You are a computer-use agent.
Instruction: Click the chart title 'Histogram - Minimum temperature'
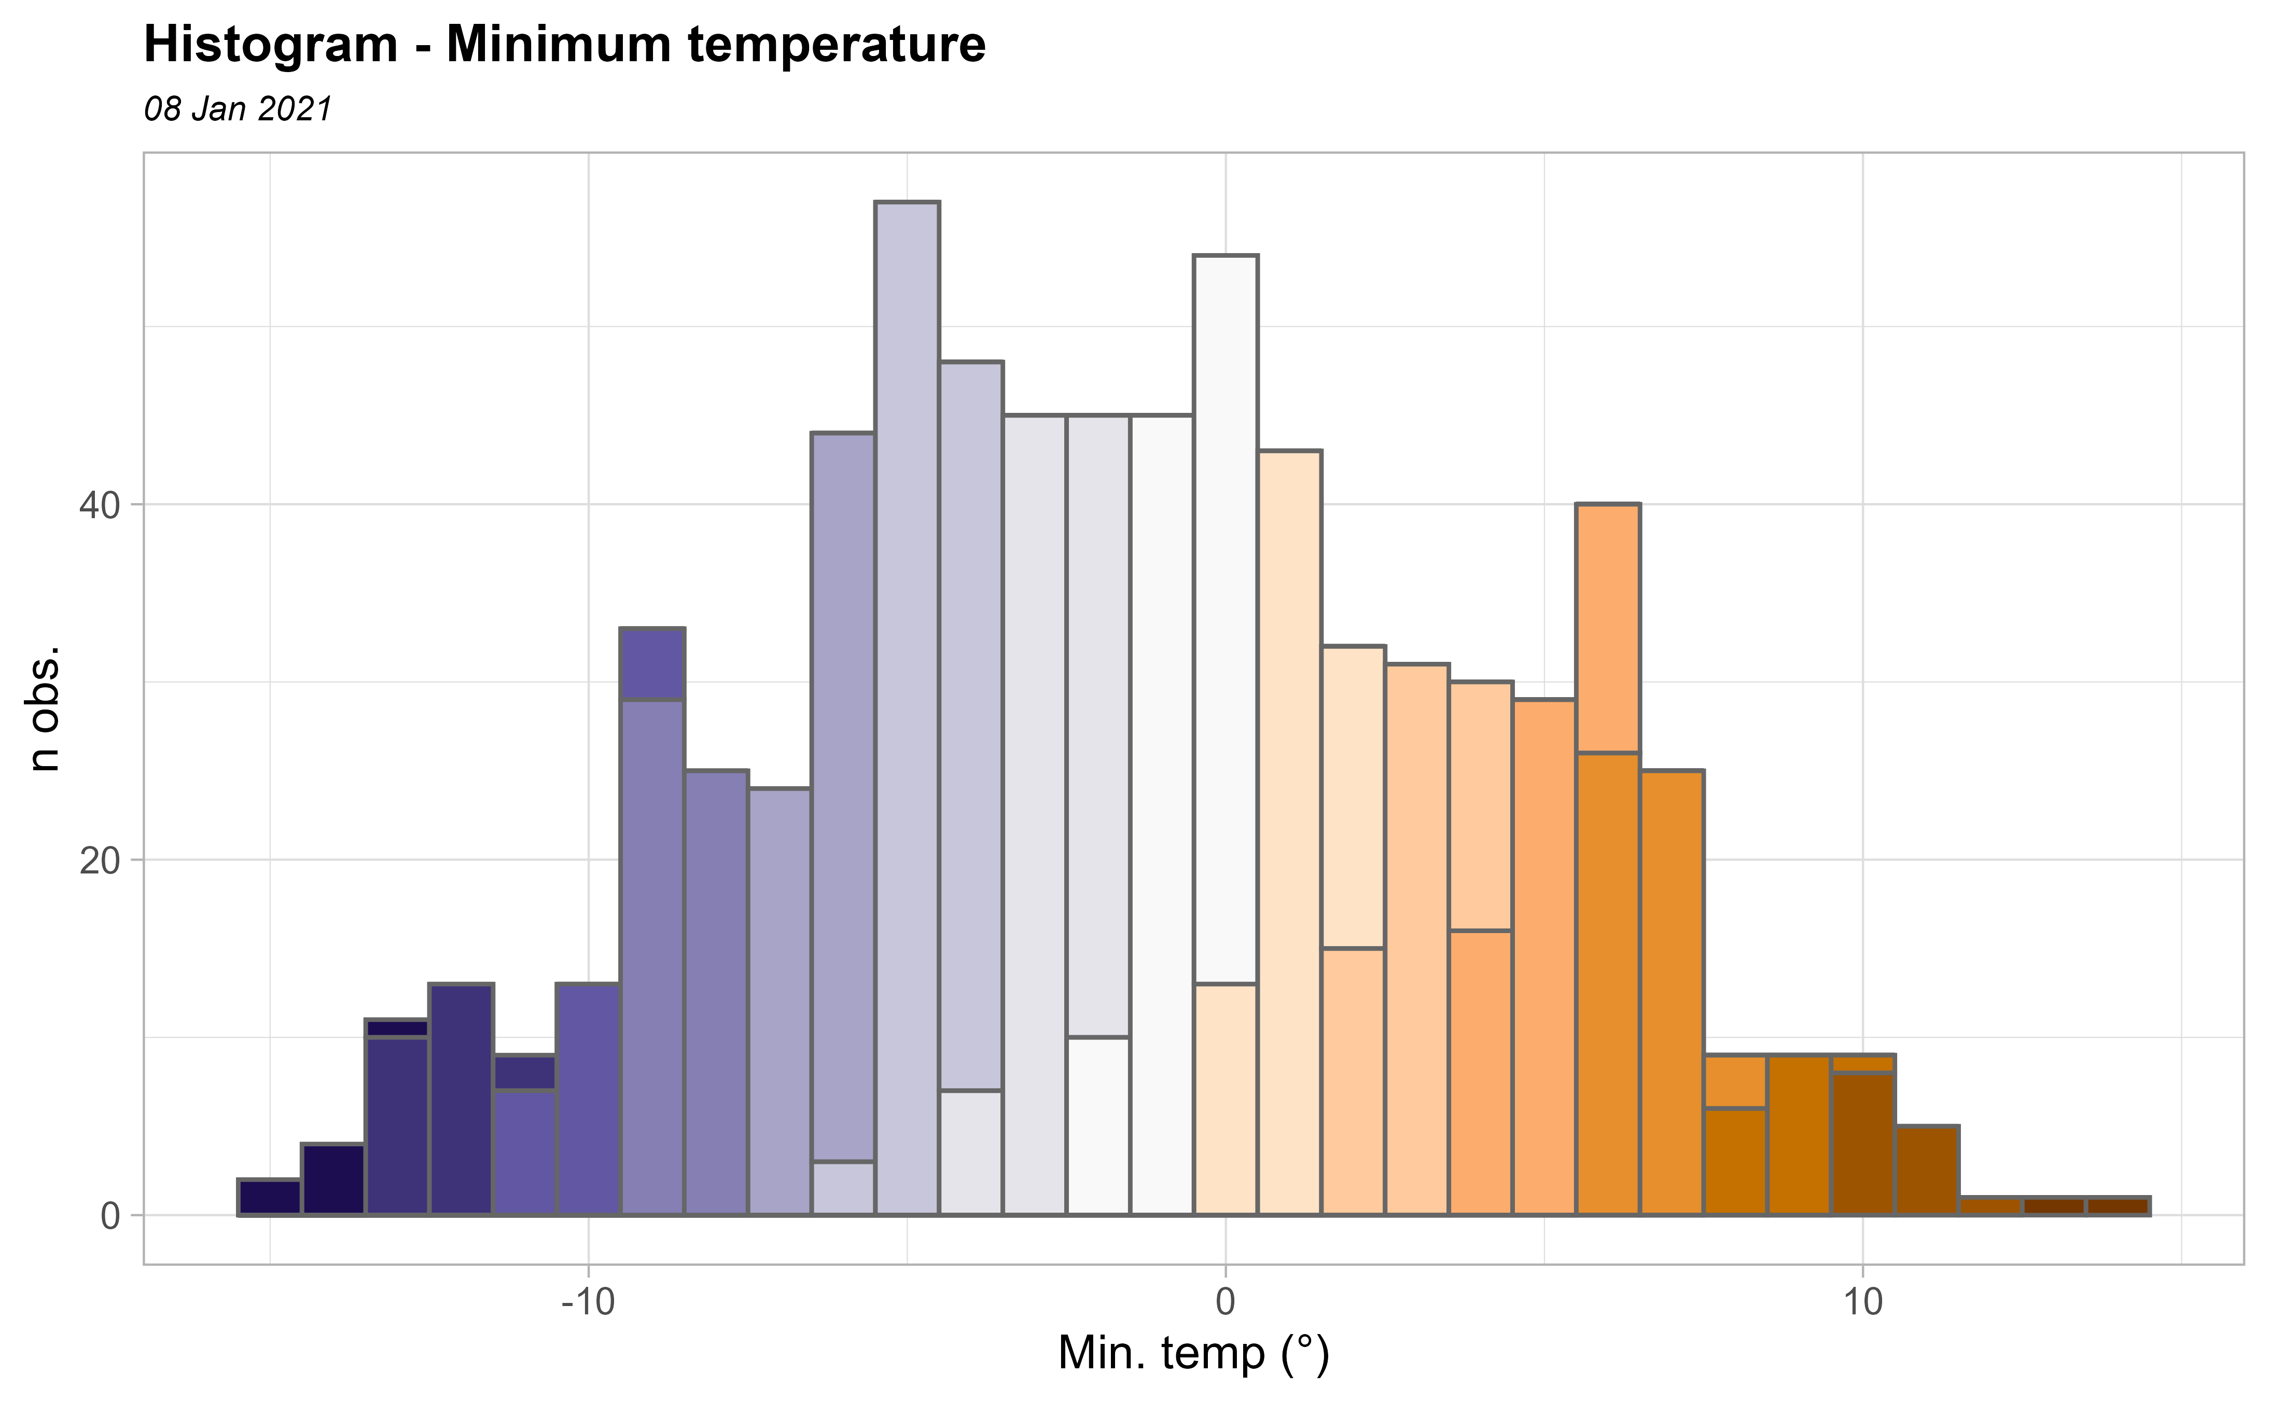tap(564, 45)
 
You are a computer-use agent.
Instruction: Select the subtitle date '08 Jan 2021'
tap(238, 109)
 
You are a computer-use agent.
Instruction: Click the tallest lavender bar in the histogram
tap(908, 705)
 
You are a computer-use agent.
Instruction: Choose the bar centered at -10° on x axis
tap(588, 1099)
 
